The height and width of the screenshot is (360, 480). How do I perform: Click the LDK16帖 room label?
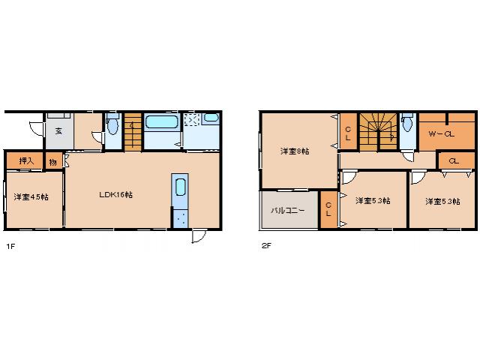(x=116, y=195)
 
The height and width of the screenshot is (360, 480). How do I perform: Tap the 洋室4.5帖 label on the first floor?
(x=31, y=196)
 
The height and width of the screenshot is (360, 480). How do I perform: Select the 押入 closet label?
(x=26, y=160)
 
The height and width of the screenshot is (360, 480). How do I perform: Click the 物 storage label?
(x=53, y=162)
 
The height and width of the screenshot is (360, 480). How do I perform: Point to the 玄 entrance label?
(x=58, y=131)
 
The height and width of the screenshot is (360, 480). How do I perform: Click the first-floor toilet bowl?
(x=112, y=126)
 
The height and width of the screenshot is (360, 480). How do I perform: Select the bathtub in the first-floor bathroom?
(x=162, y=122)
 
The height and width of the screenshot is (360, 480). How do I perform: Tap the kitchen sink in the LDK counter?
(x=180, y=187)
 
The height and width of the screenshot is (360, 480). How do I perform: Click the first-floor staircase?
(x=133, y=132)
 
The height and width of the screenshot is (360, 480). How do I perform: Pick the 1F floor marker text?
(x=10, y=246)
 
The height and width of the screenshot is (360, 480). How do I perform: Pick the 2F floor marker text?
(x=266, y=245)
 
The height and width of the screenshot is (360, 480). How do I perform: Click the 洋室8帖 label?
(x=295, y=151)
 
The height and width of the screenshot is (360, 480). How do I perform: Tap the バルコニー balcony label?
(x=288, y=211)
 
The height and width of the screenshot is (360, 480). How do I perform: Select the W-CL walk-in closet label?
(x=442, y=133)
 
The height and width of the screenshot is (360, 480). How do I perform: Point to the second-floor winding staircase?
(x=378, y=132)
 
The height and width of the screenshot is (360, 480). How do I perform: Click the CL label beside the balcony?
(x=328, y=209)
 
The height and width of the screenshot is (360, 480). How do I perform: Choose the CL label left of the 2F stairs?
(x=348, y=133)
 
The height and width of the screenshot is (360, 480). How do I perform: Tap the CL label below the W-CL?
(x=454, y=160)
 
